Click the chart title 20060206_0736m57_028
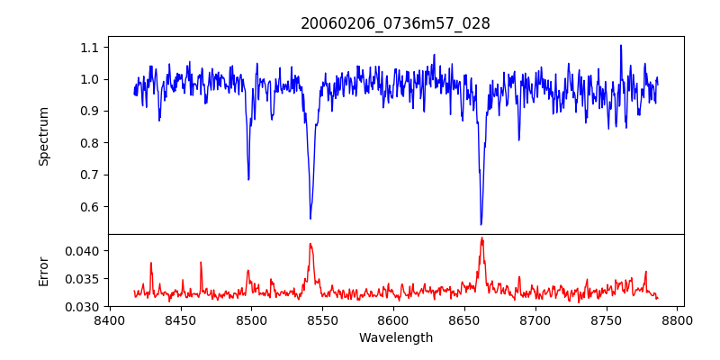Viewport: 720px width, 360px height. [395, 23]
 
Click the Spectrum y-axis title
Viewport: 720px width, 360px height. [43, 136]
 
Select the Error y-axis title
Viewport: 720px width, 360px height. [43, 271]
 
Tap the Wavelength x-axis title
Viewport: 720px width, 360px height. [396, 337]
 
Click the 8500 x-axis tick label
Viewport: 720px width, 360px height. [251, 319]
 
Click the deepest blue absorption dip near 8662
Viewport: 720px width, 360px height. [481, 224]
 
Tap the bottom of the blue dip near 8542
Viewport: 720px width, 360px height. [310, 219]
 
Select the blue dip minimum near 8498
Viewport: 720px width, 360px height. [248, 179]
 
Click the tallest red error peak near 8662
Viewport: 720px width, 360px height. [481, 238]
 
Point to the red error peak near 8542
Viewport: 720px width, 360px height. [310, 243]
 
